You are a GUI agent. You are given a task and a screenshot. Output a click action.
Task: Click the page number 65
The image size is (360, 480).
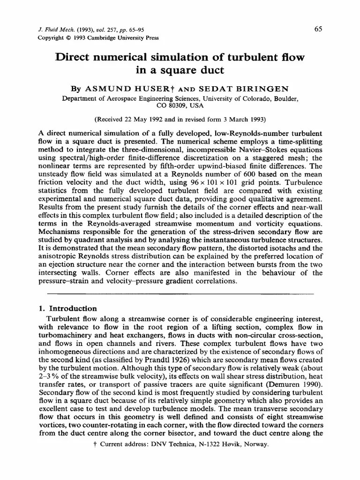pyautogui.click(x=318, y=29)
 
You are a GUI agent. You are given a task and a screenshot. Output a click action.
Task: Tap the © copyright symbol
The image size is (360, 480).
pyautogui.click(x=66, y=38)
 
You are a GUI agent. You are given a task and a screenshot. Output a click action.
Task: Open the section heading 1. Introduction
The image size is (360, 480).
pyautogui.click(x=67, y=308)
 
